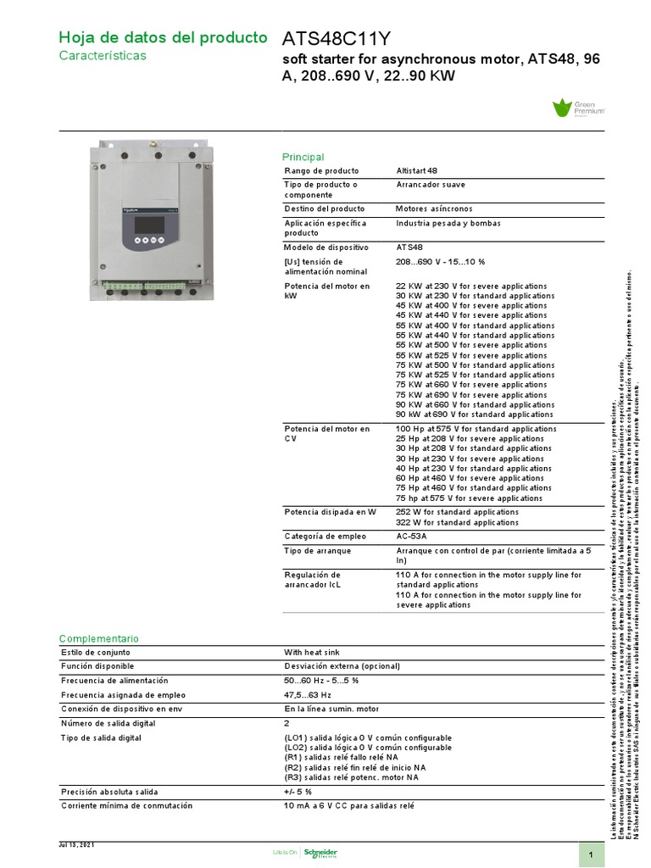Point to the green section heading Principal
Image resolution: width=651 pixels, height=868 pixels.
coord(303,157)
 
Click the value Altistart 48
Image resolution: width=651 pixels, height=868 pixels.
coord(417,171)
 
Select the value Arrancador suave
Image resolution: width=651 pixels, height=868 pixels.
coord(430,185)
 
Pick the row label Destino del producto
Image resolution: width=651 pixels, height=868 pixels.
coord(325,209)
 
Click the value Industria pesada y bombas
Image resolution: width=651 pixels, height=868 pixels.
coord(448,224)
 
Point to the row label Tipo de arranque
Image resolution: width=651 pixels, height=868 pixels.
coord(318,551)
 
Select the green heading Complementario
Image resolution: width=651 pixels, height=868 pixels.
coord(98,638)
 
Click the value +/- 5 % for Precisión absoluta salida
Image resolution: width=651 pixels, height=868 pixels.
coord(298,792)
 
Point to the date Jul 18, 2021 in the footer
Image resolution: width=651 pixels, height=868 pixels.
coord(76,845)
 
